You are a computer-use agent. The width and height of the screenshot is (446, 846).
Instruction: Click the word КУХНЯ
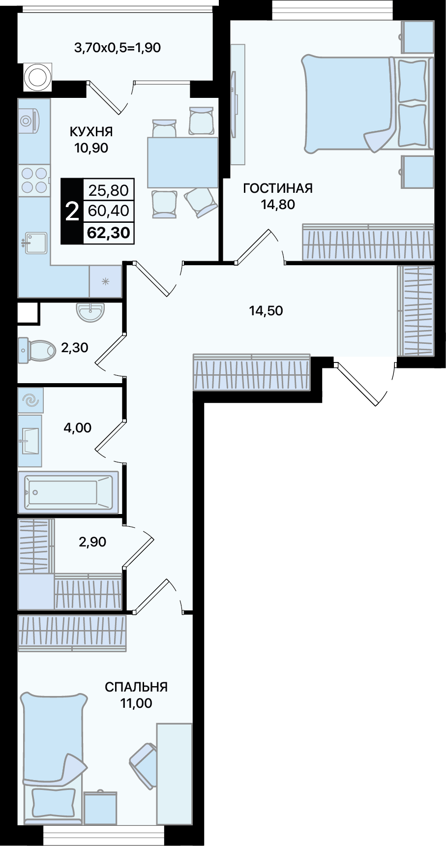tap(91, 131)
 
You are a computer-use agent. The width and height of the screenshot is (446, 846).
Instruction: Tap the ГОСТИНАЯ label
tap(278, 188)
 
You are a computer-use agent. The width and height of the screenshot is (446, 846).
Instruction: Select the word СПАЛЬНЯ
tap(136, 687)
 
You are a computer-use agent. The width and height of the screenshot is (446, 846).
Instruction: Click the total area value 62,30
tap(109, 232)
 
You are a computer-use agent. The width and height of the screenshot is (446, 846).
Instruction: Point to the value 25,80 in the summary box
tap(109, 190)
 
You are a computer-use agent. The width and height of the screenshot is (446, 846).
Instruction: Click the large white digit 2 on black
tap(72, 212)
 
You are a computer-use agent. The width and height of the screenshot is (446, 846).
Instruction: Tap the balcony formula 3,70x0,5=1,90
tap(118, 48)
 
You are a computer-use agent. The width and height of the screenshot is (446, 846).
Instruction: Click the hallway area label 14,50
tap(266, 311)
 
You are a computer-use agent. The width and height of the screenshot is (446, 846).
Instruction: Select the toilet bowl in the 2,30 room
tap(37, 350)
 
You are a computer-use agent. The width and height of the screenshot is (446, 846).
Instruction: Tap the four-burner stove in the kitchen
tap(34, 180)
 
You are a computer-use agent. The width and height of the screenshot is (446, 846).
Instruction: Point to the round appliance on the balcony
tap(37, 77)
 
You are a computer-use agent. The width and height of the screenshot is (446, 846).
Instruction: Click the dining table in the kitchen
tap(183, 162)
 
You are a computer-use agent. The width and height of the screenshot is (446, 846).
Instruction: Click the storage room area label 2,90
tap(92, 542)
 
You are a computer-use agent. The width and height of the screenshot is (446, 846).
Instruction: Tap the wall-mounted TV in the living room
tap(237, 104)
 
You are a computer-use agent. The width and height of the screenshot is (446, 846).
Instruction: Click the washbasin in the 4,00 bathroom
tap(30, 441)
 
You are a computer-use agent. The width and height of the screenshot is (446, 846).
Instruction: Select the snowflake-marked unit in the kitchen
tap(105, 281)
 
